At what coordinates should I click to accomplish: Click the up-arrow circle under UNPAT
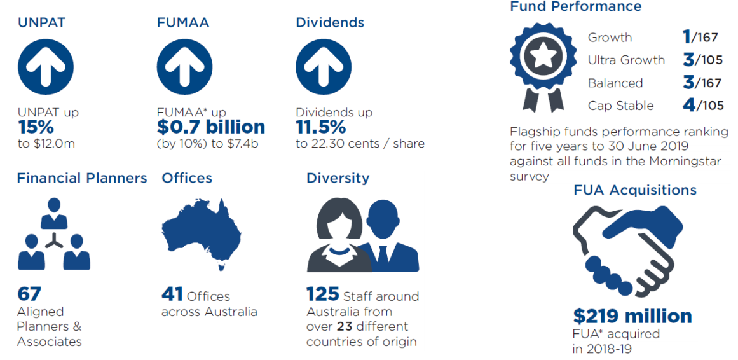(x=46, y=66)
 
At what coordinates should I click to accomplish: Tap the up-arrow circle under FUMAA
(x=184, y=66)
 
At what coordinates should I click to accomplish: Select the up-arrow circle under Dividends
(x=324, y=66)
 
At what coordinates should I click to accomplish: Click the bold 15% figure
(x=36, y=127)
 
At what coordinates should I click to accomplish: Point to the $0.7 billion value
(x=211, y=127)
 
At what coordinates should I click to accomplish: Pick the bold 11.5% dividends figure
(x=321, y=127)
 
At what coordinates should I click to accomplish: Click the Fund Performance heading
(x=576, y=6)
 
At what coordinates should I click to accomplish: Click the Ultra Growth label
(x=626, y=60)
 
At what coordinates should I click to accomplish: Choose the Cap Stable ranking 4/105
(x=703, y=104)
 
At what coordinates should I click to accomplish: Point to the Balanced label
(x=615, y=83)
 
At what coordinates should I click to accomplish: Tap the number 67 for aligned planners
(x=29, y=294)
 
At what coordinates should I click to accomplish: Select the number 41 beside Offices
(x=172, y=294)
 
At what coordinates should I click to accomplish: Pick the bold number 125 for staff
(x=322, y=294)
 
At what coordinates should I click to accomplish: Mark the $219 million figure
(x=632, y=316)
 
